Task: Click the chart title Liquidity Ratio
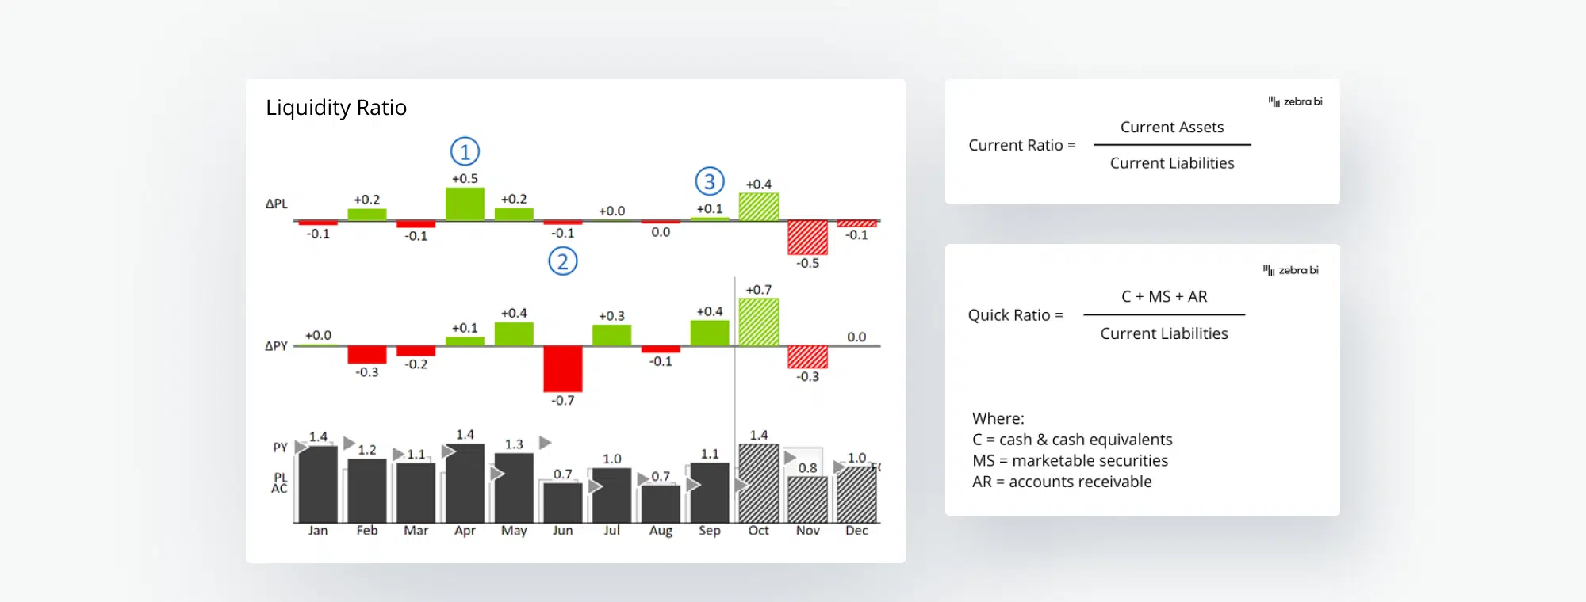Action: click(336, 108)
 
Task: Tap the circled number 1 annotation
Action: click(465, 151)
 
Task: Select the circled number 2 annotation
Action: click(563, 261)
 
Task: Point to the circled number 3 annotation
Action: click(710, 182)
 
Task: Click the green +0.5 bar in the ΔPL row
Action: click(465, 204)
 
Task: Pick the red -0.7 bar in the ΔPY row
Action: click(563, 369)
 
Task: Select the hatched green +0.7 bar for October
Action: click(759, 322)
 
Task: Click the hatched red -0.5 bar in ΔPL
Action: click(807, 238)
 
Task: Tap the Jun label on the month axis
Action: click(563, 531)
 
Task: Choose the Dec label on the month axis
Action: click(856, 531)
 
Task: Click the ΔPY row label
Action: click(276, 346)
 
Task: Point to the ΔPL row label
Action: click(276, 204)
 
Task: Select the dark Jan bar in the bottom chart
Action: click(318, 485)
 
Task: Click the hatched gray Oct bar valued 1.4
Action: click(759, 483)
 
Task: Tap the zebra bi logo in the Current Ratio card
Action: click(1296, 101)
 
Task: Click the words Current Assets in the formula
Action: click(1172, 128)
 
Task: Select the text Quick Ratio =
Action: click(1015, 315)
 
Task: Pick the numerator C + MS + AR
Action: click(1164, 297)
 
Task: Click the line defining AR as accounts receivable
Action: click(1062, 482)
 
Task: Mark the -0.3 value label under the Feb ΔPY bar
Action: click(367, 372)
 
